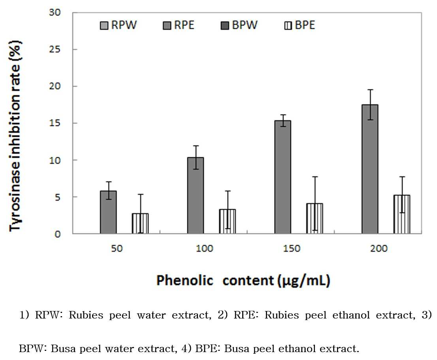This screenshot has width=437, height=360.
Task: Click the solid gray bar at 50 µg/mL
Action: click(108, 212)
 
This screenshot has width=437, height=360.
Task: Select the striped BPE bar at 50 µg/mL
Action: click(140, 223)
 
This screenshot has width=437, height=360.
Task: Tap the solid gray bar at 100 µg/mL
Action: click(195, 195)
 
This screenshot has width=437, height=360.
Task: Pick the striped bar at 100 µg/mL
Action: click(228, 221)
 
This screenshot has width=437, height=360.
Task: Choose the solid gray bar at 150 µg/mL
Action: click(283, 177)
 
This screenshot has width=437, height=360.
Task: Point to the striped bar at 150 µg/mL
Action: click(315, 219)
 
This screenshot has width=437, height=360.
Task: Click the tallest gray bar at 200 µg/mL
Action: click(370, 169)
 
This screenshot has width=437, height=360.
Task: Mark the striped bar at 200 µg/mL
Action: click(402, 214)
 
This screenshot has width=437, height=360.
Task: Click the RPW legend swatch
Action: click(104, 26)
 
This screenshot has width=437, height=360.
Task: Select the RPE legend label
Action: click(184, 25)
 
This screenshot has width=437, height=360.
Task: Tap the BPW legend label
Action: click(245, 25)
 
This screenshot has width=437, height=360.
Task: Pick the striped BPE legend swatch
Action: click(288, 26)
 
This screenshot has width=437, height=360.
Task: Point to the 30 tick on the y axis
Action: click(55, 13)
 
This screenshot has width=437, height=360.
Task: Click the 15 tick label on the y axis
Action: click(55, 123)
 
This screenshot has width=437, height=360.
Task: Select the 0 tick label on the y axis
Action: click(57, 234)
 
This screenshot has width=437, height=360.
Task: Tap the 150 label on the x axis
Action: click(292, 248)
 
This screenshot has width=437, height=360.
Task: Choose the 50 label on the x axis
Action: click(117, 248)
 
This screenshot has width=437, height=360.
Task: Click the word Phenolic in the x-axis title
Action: click(185, 280)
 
